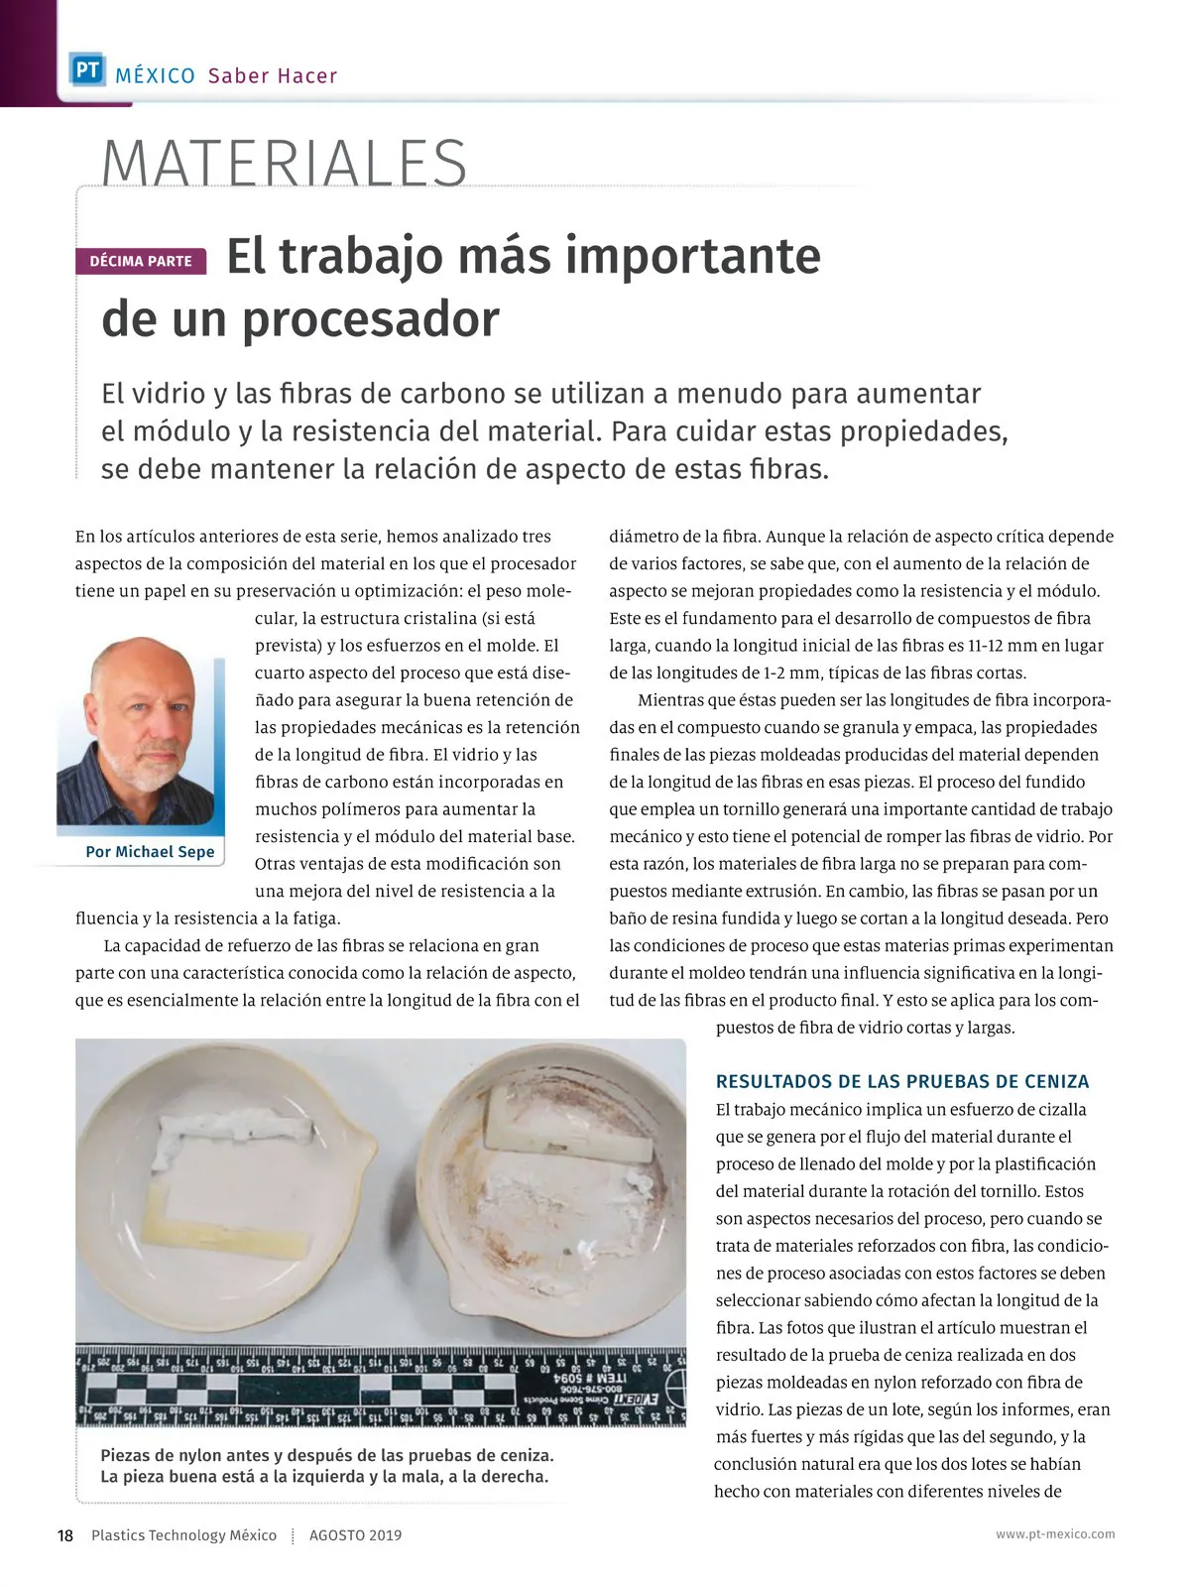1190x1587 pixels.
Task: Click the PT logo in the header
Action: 87,70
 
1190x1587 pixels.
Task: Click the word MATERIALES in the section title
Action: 285,164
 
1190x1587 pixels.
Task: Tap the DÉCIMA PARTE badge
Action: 141,261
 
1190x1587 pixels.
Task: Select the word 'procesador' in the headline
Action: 371,319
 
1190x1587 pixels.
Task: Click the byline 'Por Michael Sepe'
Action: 150,852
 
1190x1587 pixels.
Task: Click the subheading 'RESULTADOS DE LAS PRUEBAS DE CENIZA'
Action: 902,1081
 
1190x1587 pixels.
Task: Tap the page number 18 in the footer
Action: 65,1535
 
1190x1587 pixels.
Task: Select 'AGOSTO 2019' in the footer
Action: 356,1535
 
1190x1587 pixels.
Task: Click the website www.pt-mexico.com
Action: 1055,1534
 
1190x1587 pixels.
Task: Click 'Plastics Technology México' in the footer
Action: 183,1535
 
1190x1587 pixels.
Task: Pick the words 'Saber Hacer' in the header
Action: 273,76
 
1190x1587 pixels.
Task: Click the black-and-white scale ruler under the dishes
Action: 380,1386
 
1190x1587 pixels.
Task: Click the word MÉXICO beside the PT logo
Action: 155,76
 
